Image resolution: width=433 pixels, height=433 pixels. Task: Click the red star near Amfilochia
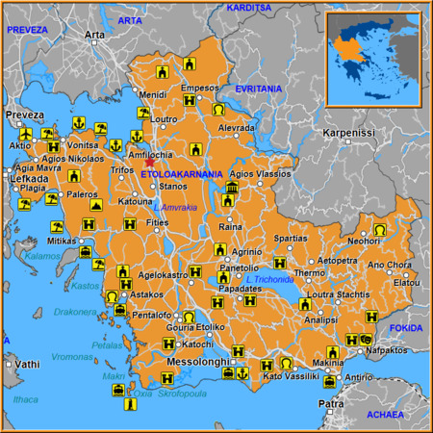(149, 163)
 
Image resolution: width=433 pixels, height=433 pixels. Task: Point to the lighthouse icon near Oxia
(126, 408)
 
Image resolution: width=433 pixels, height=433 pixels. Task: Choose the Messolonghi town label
(196, 362)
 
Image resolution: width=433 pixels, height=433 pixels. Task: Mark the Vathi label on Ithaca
(26, 364)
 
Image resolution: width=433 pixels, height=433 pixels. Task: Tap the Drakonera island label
(74, 312)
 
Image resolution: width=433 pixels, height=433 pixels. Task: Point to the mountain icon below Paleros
(96, 205)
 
